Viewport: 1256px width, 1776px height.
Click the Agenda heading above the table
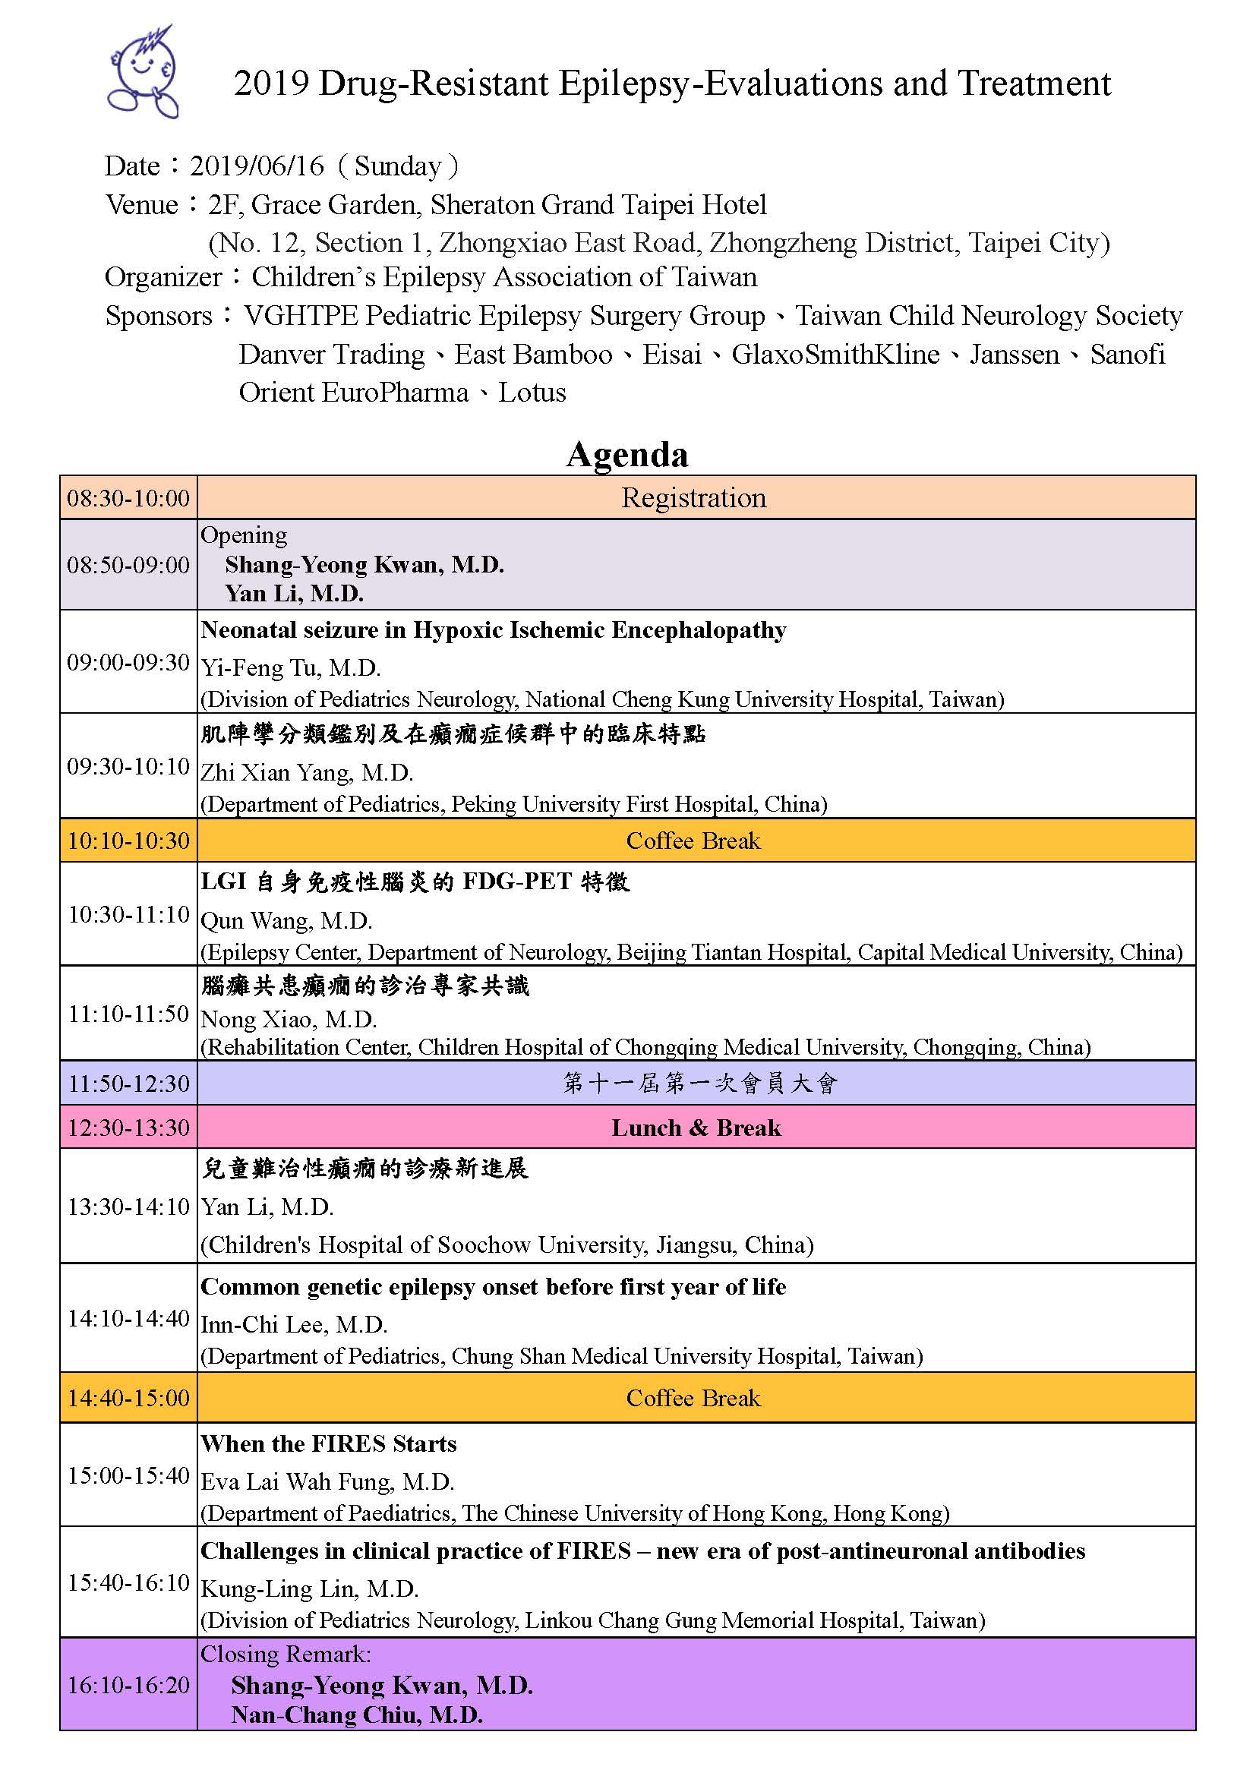pos(627,454)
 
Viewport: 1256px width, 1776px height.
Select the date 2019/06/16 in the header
pos(257,166)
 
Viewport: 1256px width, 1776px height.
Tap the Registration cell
pos(694,497)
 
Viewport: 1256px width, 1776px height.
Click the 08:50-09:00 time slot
pos(128,565)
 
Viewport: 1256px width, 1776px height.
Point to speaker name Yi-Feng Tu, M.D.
pos(291,667)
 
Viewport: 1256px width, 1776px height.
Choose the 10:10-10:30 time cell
pos(128,840)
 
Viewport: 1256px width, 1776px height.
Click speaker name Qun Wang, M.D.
pos(286,920)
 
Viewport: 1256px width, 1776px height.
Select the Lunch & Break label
pos(696,1127)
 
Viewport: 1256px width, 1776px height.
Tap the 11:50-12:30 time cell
pos(128,1083)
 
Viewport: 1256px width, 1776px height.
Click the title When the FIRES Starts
pos(329,1443)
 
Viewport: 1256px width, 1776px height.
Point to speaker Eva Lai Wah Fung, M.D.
pos(327,1481)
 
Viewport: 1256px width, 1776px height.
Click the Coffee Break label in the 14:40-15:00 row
pos(694,1398)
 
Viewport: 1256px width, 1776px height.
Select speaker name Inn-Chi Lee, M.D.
pos(294,1324)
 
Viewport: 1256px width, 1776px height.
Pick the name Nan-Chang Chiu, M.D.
pos(357,1715)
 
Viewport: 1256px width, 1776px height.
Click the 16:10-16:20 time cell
pos(128,1685)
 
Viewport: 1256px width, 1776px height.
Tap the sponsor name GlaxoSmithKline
pos(835,355)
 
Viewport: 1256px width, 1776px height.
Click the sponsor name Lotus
pos(532,392)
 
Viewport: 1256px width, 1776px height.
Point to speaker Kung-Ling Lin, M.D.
pos(309,1588)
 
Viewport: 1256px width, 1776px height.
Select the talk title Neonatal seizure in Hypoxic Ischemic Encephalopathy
pos(494,629)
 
